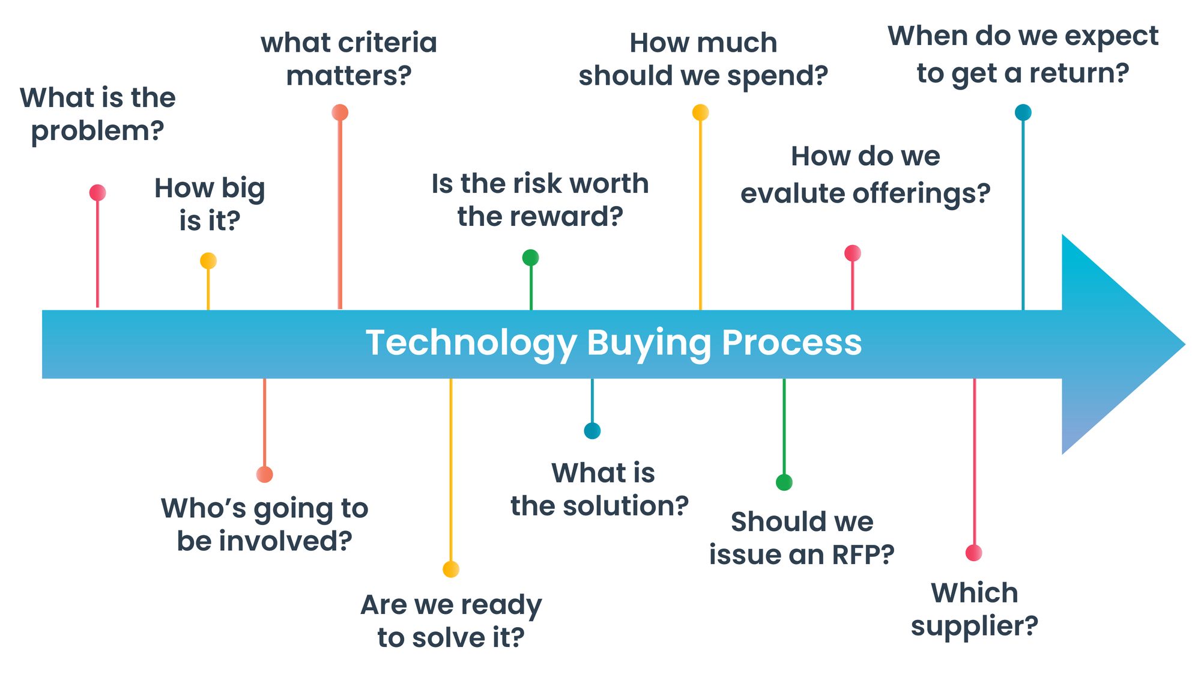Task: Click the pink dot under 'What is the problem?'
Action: (97, 192)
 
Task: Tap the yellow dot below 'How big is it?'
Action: (208, 261)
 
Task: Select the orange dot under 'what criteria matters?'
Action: (340, 112)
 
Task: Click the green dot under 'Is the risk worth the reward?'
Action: (530, 258)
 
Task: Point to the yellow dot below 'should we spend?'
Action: (700, 112)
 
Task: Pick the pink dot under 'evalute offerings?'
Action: (852, 253)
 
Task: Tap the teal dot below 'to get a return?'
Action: (1023, 112)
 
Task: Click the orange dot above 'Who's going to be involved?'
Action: (264, 474)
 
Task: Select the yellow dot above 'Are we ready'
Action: (450, 569)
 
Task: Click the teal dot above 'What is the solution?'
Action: (592, 431)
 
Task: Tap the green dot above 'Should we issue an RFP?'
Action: (784, 482)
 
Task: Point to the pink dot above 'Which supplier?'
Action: (973, 553)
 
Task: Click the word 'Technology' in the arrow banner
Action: (471, 343)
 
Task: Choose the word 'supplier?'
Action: (974, 626)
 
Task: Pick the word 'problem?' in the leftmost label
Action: (97, 130)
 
